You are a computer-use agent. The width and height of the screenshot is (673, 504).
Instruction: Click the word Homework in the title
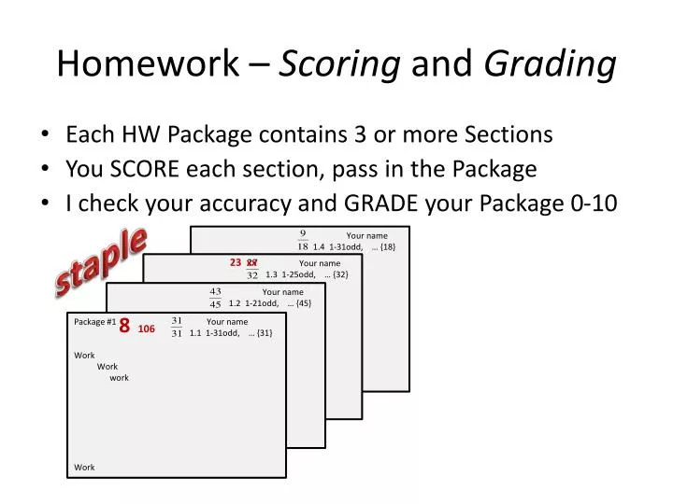(147, 63)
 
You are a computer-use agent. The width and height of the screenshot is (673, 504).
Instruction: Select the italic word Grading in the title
(550, 63)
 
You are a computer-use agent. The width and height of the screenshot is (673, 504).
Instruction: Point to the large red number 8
(124, 328)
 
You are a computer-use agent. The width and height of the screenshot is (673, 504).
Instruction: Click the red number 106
(146, 329)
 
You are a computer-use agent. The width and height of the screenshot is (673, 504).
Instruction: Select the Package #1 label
(94, 322)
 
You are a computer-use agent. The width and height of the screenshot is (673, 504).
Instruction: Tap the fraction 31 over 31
(177, 327)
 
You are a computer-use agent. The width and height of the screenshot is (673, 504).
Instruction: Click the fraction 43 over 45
(215, 298)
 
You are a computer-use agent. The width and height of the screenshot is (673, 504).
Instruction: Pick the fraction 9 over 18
(303, 241)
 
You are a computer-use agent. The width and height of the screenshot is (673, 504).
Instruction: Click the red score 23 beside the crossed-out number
(236, 263)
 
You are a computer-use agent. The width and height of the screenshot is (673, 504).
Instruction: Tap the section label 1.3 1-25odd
(291, 275)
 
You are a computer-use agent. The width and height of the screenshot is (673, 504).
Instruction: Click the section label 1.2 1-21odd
(253, 303)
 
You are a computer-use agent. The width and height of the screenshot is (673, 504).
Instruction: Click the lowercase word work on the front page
(119, 378)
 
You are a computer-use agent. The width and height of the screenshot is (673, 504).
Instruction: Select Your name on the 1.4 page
(366, 235)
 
